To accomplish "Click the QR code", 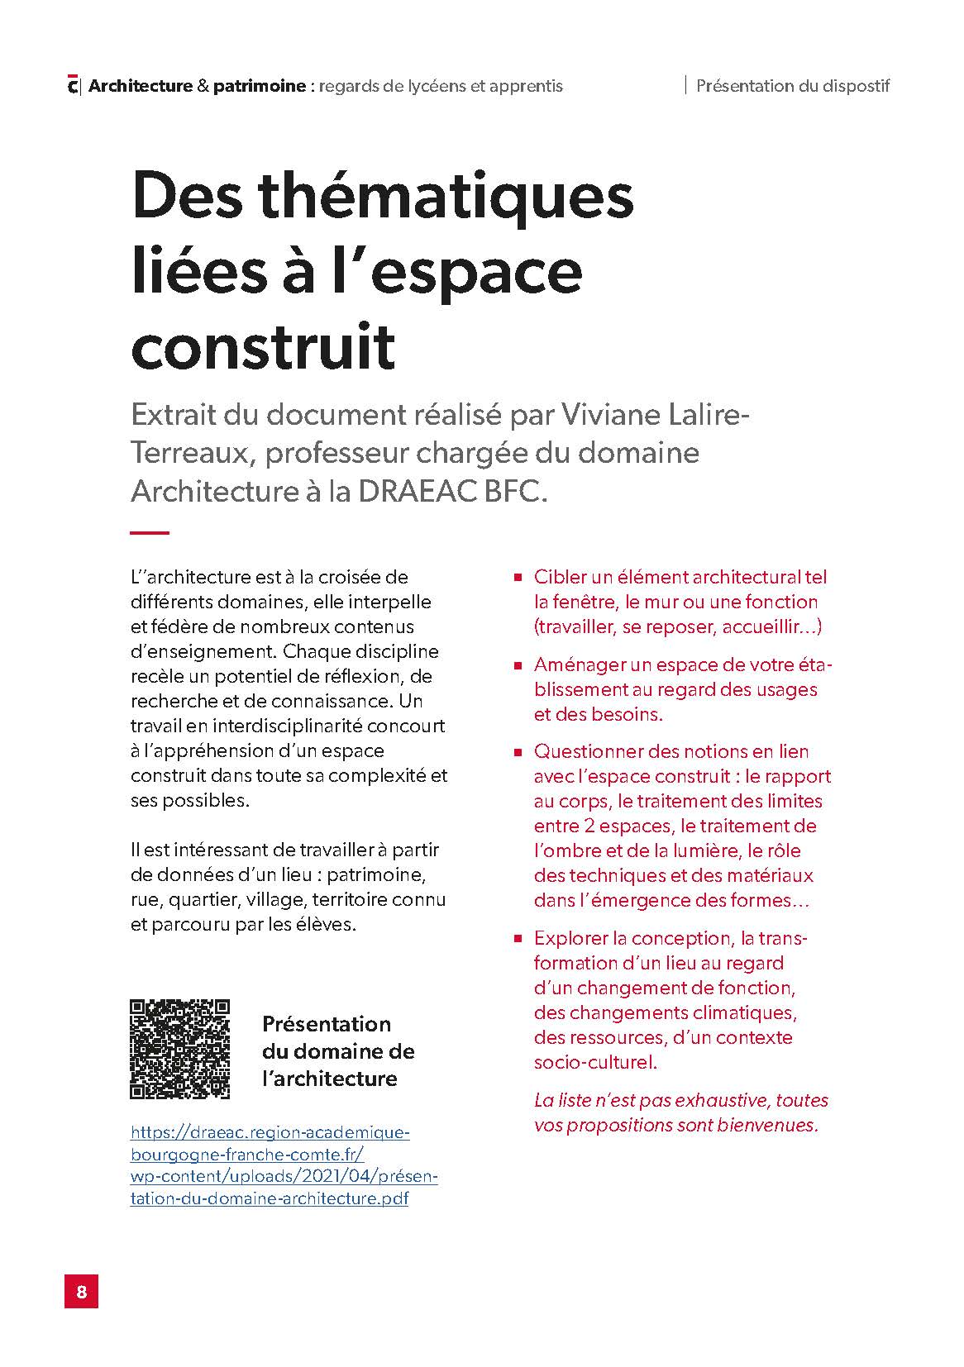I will [180, 1049].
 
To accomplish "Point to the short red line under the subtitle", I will [150, 533].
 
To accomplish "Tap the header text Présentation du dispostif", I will [792, 85].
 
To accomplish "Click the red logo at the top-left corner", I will [73, 85].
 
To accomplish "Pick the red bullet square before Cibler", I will [518, 578].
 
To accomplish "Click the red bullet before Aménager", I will [518, 665].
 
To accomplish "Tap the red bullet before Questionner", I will [518, 752].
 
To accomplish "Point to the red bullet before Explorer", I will [518, 939].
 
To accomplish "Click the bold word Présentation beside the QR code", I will [327, 1024].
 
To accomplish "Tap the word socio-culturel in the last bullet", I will [594, 1062].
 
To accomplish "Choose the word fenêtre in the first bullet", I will [584, 602].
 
